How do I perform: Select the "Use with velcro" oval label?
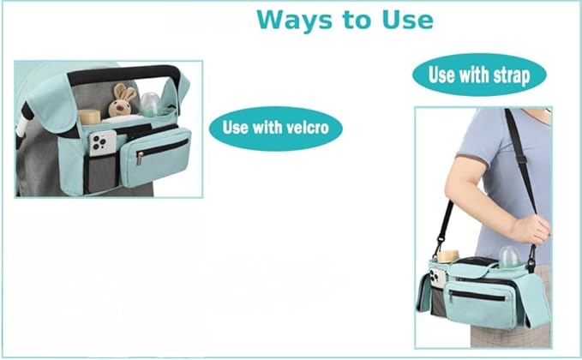pyautogui.click(x=275, y=129)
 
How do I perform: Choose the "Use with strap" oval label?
pyautogui.click(x=479, y=75)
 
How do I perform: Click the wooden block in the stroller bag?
pyautogui.click(x=90, y=116)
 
